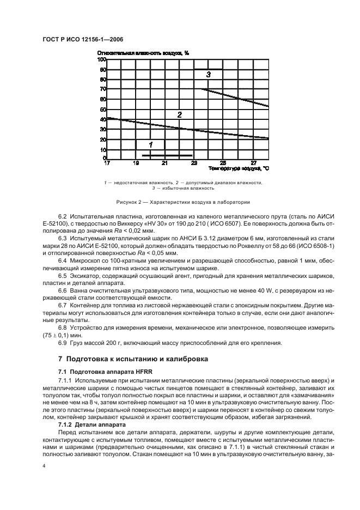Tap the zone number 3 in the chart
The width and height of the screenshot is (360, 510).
[208, 74]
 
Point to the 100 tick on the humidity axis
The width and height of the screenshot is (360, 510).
[101, 59]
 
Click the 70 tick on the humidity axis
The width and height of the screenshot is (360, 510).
[102, 89]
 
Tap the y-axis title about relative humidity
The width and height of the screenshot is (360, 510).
[143, 53]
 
